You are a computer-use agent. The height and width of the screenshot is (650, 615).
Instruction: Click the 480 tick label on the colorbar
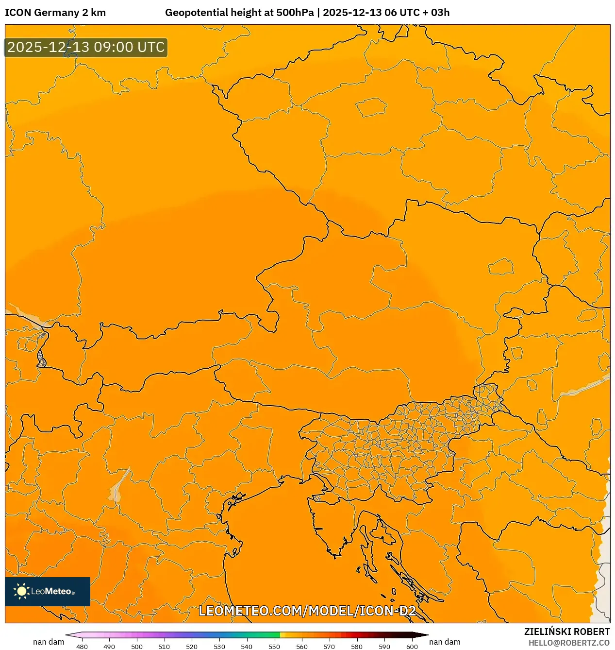click(82, 647)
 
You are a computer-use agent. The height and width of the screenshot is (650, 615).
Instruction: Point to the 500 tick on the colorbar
click(137, 647)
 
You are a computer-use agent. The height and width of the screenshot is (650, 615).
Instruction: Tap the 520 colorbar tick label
click(192, 647)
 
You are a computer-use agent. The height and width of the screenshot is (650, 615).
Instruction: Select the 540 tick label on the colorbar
click(247, 647)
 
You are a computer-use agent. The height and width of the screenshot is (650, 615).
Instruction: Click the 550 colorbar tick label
click(274, 647)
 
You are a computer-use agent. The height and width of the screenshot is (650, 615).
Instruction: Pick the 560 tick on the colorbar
click(302, 647)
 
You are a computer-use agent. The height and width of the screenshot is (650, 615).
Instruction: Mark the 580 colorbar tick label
click(357, 647)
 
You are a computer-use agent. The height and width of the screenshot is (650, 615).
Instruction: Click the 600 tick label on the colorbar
click(412, 647)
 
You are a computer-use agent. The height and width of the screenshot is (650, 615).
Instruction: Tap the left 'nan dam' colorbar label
click(49, 642)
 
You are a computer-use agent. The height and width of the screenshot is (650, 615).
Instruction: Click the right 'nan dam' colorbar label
click(445, 642)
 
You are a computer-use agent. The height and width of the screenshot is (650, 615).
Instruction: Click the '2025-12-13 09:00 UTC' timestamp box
click(86, 48)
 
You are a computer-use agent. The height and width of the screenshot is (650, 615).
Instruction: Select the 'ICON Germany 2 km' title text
click(55, 13)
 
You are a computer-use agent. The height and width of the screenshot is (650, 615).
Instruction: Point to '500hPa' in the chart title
click(295, 13)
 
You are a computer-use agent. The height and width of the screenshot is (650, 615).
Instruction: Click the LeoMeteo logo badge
click(48, 591)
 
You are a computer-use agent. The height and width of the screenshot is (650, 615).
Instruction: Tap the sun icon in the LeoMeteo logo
click(21, 591)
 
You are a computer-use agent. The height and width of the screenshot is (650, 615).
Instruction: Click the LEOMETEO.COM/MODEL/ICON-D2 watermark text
click(307, 611)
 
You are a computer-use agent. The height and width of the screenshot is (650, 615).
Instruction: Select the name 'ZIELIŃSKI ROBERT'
click(567, 632)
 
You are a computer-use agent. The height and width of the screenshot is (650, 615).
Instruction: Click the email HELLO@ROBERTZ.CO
click(569, 643)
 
